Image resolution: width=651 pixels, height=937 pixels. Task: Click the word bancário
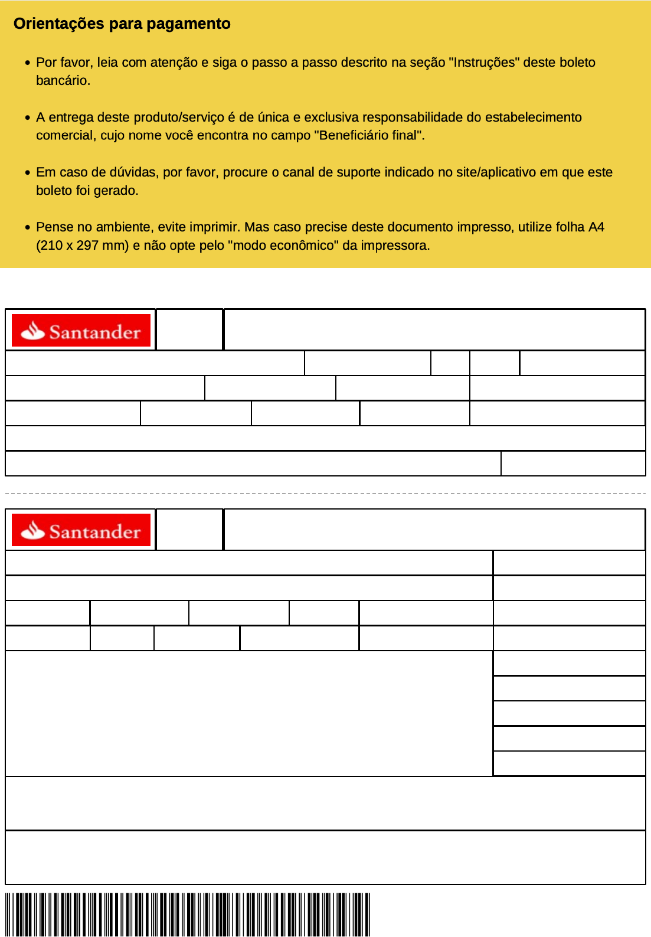[63, 81]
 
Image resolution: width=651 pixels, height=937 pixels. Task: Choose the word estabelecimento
[533, 117]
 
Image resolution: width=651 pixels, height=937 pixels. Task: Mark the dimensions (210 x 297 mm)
[83, 246]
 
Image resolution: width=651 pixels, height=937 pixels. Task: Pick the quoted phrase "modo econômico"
[283, 246]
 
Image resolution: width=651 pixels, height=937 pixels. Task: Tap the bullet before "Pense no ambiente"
[28, 227]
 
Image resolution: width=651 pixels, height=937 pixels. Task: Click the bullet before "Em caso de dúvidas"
[28, 172]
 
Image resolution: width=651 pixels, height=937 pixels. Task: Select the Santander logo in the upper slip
[81, 331]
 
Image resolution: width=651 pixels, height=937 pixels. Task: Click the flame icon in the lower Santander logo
[33, 531]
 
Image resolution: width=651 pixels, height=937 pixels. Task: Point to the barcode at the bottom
[187, 914]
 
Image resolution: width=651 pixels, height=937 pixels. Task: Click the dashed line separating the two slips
[325, 493]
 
